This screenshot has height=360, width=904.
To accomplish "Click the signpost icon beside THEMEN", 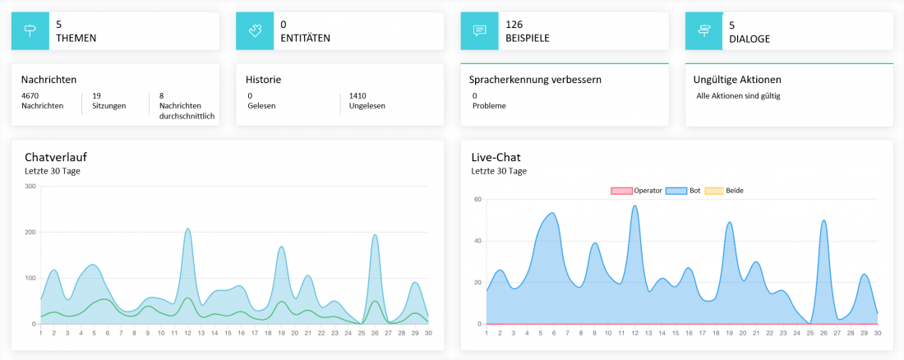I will coord(30,30).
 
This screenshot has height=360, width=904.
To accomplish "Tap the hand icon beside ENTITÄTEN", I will coord(255,30).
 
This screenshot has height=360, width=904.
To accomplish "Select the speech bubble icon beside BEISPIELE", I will coord(480,30).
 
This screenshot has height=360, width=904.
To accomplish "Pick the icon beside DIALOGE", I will coord(704,30).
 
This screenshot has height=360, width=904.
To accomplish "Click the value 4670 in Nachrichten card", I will coord(30,95).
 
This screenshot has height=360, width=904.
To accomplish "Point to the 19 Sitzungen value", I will coord(96,95).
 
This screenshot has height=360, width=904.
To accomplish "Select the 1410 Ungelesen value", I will coord(358,95).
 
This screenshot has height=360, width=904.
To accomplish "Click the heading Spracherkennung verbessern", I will coord(535,80).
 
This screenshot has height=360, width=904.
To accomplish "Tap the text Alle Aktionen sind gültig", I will coord(738,95).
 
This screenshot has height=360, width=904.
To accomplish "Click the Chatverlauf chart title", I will coord(56,157).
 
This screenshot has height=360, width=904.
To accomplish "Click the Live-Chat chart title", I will coord(496,157).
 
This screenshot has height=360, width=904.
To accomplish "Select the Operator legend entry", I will coord(637,191).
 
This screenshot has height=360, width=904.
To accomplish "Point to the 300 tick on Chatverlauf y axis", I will coord(30,186).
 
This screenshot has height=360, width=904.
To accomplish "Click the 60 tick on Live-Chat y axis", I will coord(477,199).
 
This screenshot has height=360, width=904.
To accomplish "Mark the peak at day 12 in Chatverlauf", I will coord(187,229).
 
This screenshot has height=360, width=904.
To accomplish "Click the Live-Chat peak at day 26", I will coord(823,220).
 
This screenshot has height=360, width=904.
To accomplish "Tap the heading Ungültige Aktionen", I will coord(738,80).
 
